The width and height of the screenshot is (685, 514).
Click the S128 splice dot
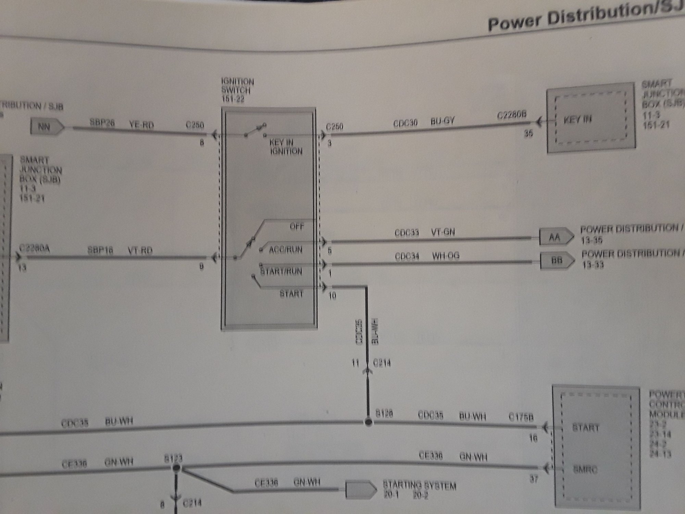pyautogui.click(x=368, y=422)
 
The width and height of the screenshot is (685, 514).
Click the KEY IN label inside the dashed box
pyautogui.click(x=578, y=120)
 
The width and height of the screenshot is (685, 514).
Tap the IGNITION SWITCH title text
pyautogui.click(x=237, y=86)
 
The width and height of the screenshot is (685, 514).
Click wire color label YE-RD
pyautogui.click(x=141, y=125)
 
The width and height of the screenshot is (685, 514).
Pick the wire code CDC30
pyautogui.click(x=405, y=123)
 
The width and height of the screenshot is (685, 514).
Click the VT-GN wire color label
pyautogui.click(x=443, y=232)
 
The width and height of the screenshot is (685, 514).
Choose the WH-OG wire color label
pyautogui.click(x=445, y=256)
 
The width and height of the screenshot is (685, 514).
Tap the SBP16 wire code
pyautogui.click(x=100, y=250)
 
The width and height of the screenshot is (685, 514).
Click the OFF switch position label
pyautogui.click(x=297, y=227)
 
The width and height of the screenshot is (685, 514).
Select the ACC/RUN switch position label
pyautogui.click(x=285, y=249)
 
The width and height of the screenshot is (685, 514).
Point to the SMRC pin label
pyautogui.click(x=585, y=470)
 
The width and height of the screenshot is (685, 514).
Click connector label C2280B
pyautogui.click(x=511, y=115)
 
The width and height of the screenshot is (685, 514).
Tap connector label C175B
pyautogui.click(x=521, y=418)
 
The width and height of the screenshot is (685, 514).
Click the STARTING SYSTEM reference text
pyautogui.click(x=419, y=486)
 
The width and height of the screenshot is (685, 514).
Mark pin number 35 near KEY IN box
pyautogui.click(x=528, y=133)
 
